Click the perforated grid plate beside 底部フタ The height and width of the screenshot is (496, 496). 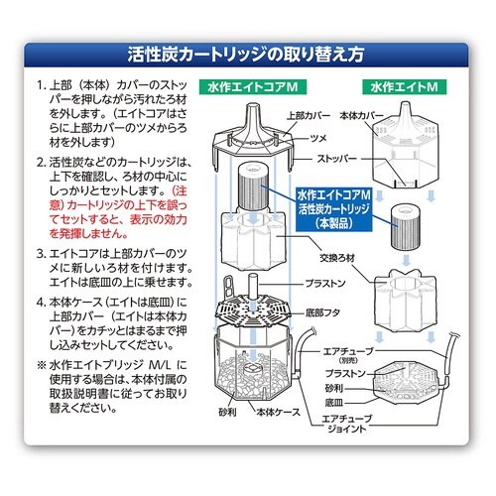click(x=255, y=309)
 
